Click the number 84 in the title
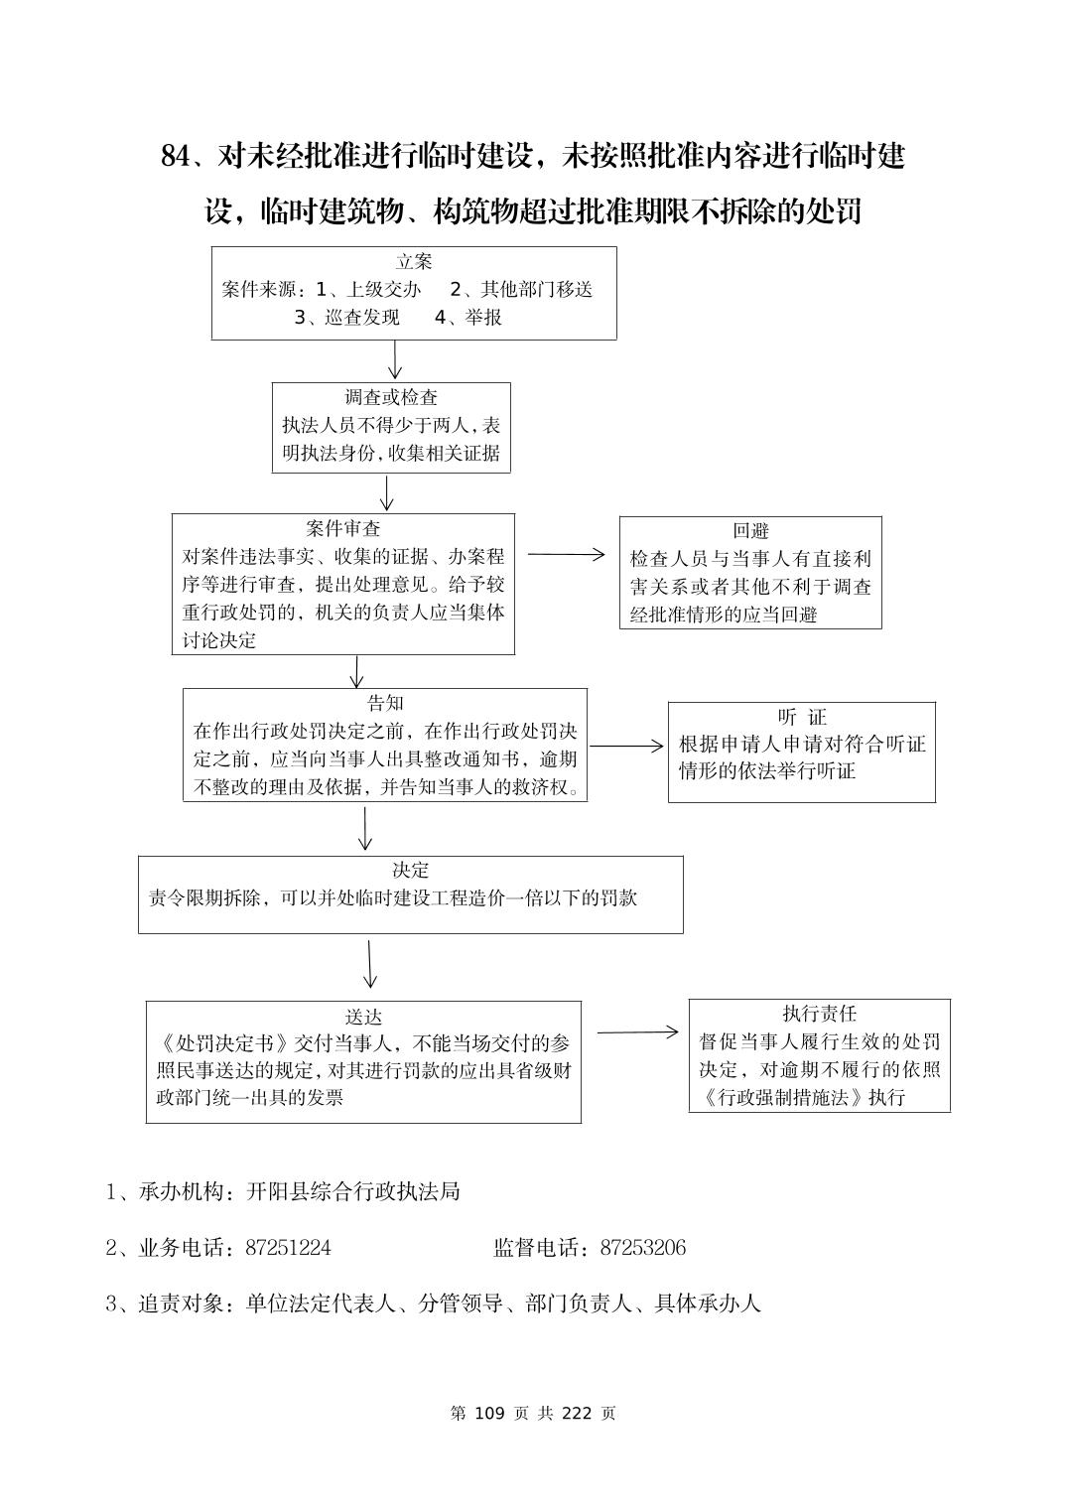[175, 157]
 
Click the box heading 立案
[414, 262]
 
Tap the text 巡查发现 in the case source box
[362, 318]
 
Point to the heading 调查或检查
[391, 398]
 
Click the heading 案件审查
[343, 528]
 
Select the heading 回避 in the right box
[750, 531]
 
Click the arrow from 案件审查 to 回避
[566, 555]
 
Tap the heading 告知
[385, 704]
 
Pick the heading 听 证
[802, 717]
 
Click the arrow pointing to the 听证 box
[626, 746]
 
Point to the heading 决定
[410, 871]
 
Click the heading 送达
[363, 1018]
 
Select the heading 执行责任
[819, 1014]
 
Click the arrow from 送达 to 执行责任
[637, 1032]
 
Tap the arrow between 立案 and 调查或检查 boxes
[395, 359]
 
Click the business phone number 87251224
[288, 1248]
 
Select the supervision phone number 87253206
[642, 1248]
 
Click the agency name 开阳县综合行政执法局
[353, 1191]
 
